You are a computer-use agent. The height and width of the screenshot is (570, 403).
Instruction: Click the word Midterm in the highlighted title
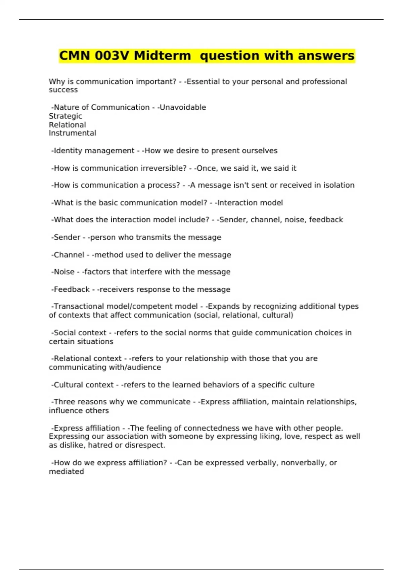[x=162, y=56]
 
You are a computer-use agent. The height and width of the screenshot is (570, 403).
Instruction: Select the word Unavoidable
[x=183, y=107]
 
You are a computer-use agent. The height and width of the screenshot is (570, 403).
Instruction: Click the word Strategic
[x=65, y=116]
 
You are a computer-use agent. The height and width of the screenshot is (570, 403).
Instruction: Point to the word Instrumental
[x=72, y=133]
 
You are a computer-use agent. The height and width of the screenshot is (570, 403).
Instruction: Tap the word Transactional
[x=79, y=306]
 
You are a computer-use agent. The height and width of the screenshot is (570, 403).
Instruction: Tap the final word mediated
[x=66, y=471]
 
